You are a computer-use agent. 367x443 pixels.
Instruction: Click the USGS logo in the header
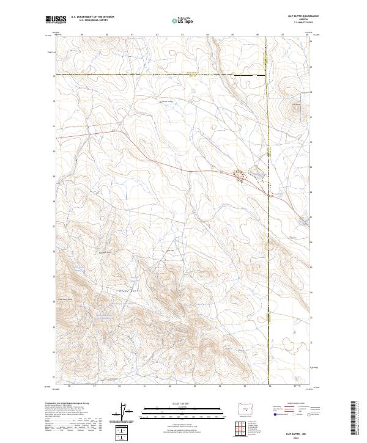click(56, 20)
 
